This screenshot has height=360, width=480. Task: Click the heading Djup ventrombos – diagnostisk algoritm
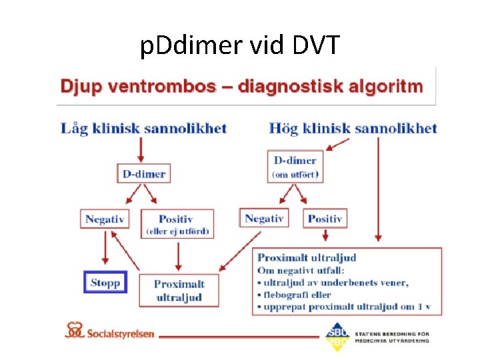pos(241,87)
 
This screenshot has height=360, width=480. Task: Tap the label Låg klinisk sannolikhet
pos(144,128)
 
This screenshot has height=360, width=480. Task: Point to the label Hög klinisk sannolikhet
pos(353,128)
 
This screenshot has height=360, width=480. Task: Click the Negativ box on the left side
pos(105,219)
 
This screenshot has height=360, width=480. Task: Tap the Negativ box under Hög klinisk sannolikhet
pos(264,218)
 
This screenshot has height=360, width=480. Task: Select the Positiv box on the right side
pos(325,218)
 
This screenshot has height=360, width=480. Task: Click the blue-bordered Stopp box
pos(105,282)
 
